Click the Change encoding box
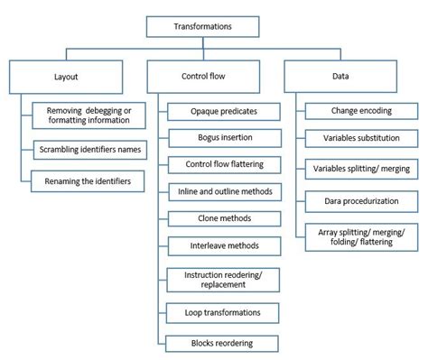360,112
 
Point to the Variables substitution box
360,139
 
